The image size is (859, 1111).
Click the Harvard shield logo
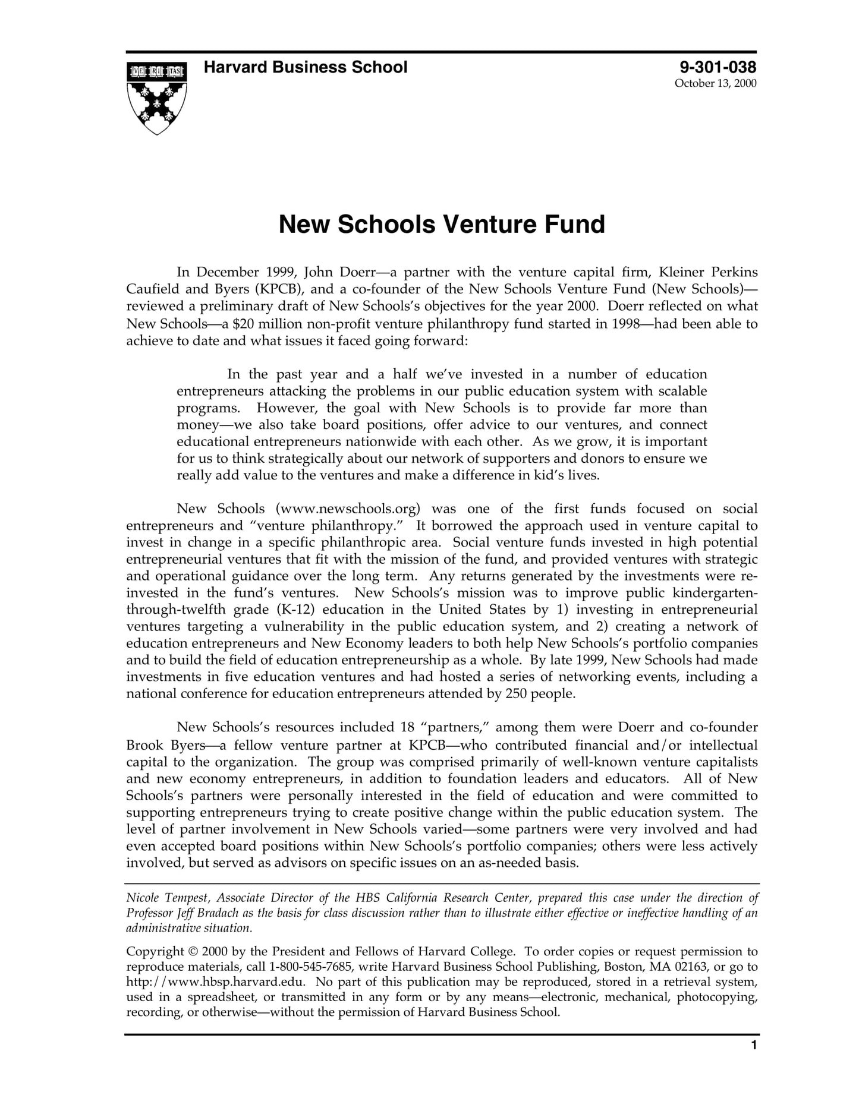(x=157, y=97)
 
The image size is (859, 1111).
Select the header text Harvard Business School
(x=306, y=68)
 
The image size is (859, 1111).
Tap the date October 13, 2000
(x=715, y=84)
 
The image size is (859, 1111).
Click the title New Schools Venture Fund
(x=442, y=225)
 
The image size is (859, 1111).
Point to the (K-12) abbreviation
(x=296, y=610)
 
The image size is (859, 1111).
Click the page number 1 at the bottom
(x=754, y=1062)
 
